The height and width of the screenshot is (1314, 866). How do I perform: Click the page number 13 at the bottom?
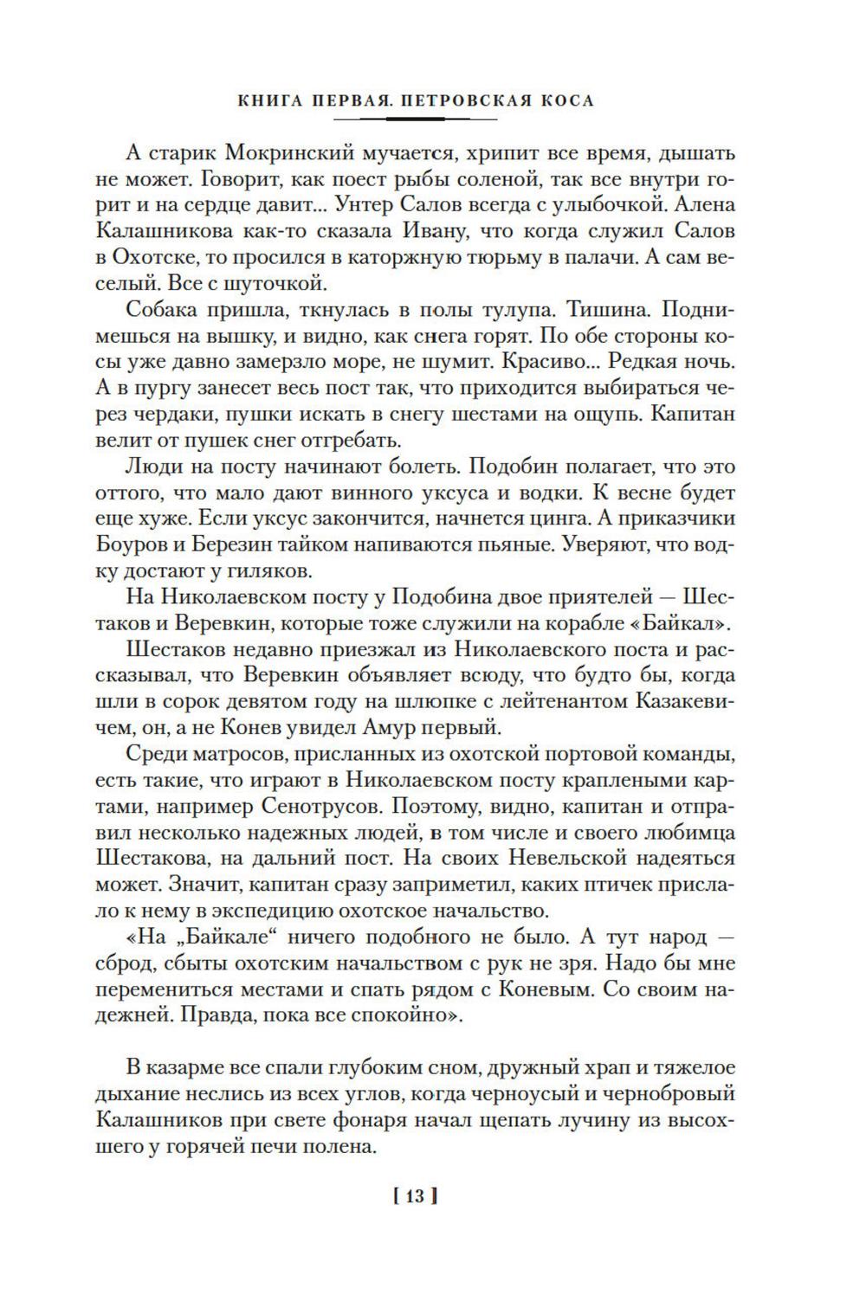(415, 1197)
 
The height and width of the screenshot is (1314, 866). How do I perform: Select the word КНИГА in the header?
(272, 100)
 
